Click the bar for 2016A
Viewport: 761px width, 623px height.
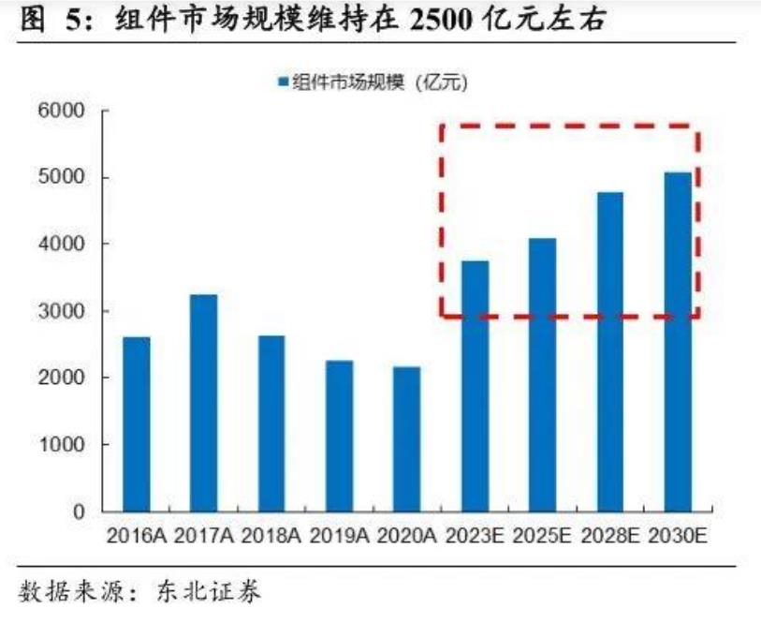pyautogui.click(x=137, y=423)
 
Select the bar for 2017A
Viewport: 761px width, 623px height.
pyautogui.click(x=204, y=403)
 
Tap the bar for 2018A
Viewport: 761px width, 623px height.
pyautogui.click(x=271, y=423)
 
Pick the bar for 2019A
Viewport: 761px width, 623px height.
pyautogui.click(x=339, y=436)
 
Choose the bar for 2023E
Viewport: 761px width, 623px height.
pyautogui.click(x=475, y=386)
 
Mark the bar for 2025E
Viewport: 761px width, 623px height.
pyautogui.click(x=542, y=375)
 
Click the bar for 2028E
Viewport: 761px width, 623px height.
pyautogui.click(x=609, y=351)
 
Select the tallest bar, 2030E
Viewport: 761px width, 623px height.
pyautogui.click(x=677, y=342)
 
